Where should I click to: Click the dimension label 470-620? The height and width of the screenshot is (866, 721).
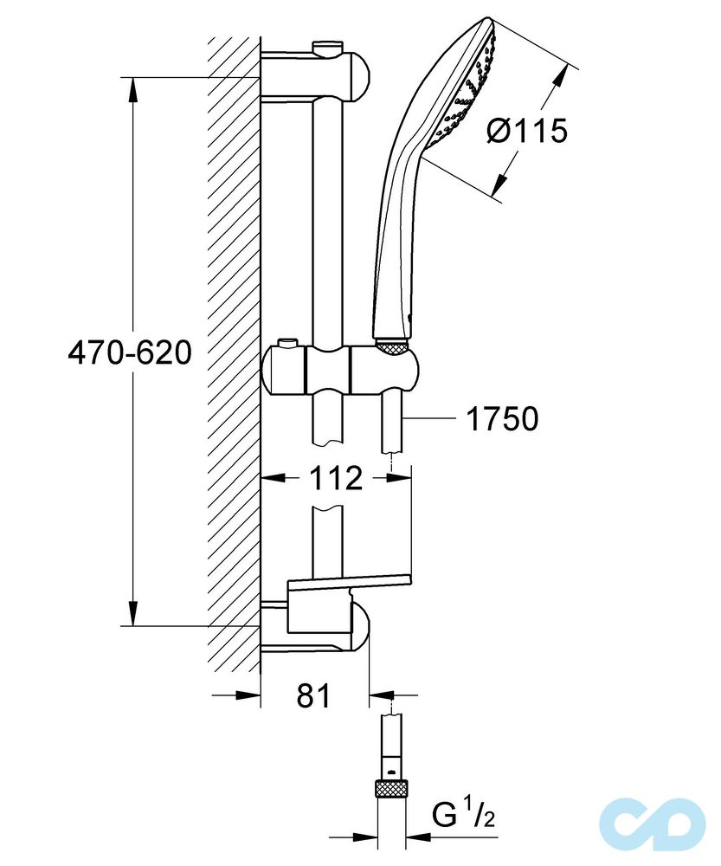(x=129, y=353)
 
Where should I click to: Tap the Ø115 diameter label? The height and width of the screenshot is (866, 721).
(x=526, y=131)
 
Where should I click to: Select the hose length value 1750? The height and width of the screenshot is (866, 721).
(x=502, y=419)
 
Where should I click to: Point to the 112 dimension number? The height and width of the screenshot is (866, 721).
(x=337, y=477)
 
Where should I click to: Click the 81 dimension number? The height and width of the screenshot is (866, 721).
(x=312, y=695)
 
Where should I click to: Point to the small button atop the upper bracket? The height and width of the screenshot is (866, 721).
(x=327, y=45)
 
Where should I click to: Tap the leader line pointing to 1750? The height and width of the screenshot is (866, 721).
(x=428, y=419)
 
